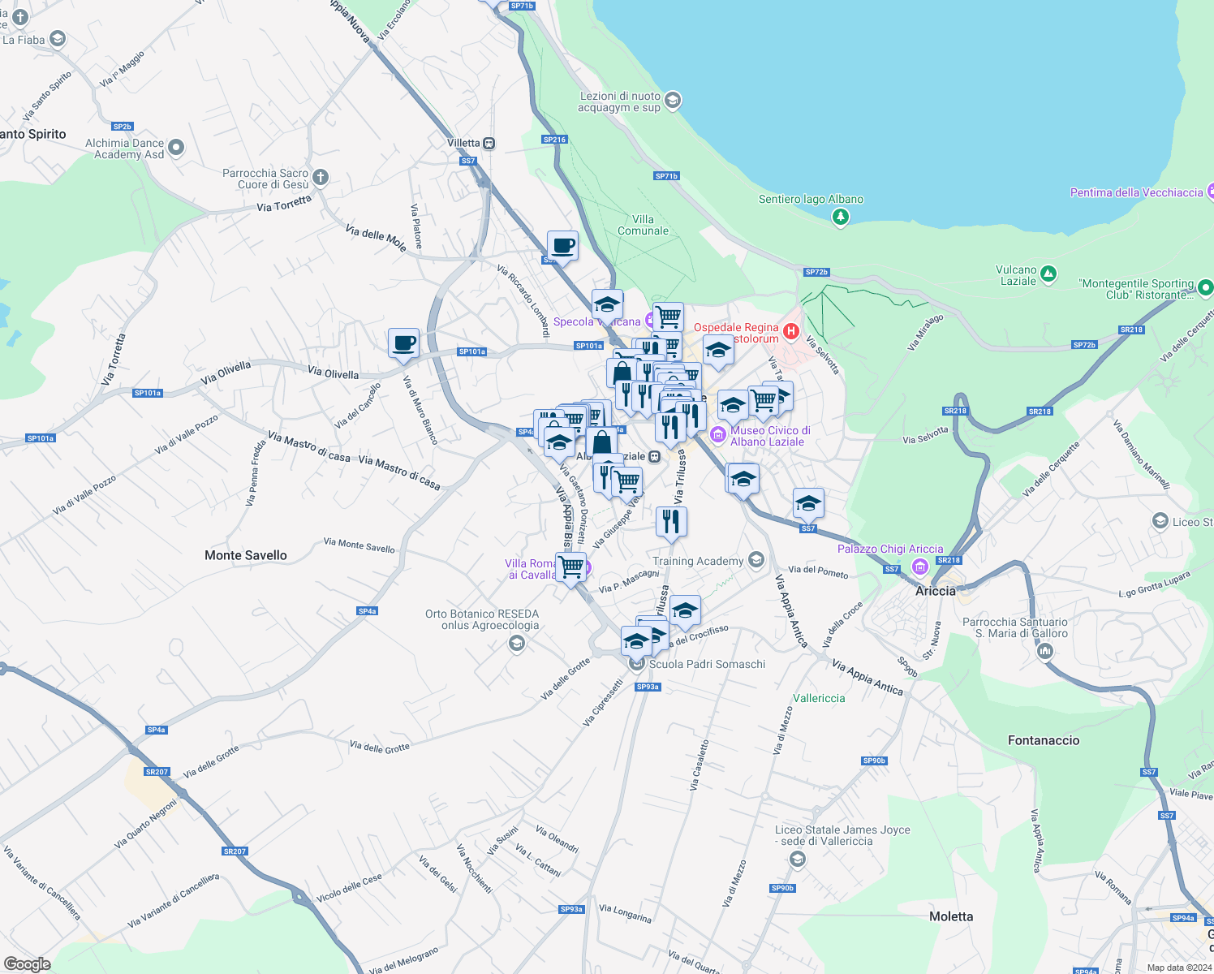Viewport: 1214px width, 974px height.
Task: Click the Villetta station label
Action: pos(463,143)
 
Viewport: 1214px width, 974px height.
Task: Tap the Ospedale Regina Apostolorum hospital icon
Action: pos(791,331)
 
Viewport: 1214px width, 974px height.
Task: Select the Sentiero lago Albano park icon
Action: pos(841,216)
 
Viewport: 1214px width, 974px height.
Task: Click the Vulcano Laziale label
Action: pos(1017,275)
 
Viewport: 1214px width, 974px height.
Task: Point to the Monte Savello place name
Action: pos(246,555)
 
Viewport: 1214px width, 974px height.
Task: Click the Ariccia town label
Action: pos(935,591)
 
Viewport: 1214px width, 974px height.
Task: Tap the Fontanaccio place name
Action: pos(1043,740)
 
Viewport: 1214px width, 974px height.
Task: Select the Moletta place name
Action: pos(950,916)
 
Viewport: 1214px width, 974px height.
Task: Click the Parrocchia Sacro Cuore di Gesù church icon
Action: pos(321,177)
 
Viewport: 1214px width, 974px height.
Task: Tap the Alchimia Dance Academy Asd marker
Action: pos(177,148)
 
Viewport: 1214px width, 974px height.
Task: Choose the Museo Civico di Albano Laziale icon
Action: pos(717,435)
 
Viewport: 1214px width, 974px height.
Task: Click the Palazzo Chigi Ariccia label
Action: pos(889,549)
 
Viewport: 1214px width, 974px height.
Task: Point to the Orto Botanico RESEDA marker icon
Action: pos(516,644)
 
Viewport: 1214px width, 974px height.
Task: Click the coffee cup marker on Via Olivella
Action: pos(403,343)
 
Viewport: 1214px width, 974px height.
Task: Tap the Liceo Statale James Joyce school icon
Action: pos(798,859)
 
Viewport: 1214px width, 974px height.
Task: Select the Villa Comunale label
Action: pos(643,225)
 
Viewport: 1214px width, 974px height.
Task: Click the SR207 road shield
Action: pos(157,772)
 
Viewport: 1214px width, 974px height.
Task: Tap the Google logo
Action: pos(27,963)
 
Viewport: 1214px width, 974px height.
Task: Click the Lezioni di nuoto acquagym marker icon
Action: pos(672,101)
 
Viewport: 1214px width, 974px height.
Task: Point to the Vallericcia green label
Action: pos(819,698)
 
